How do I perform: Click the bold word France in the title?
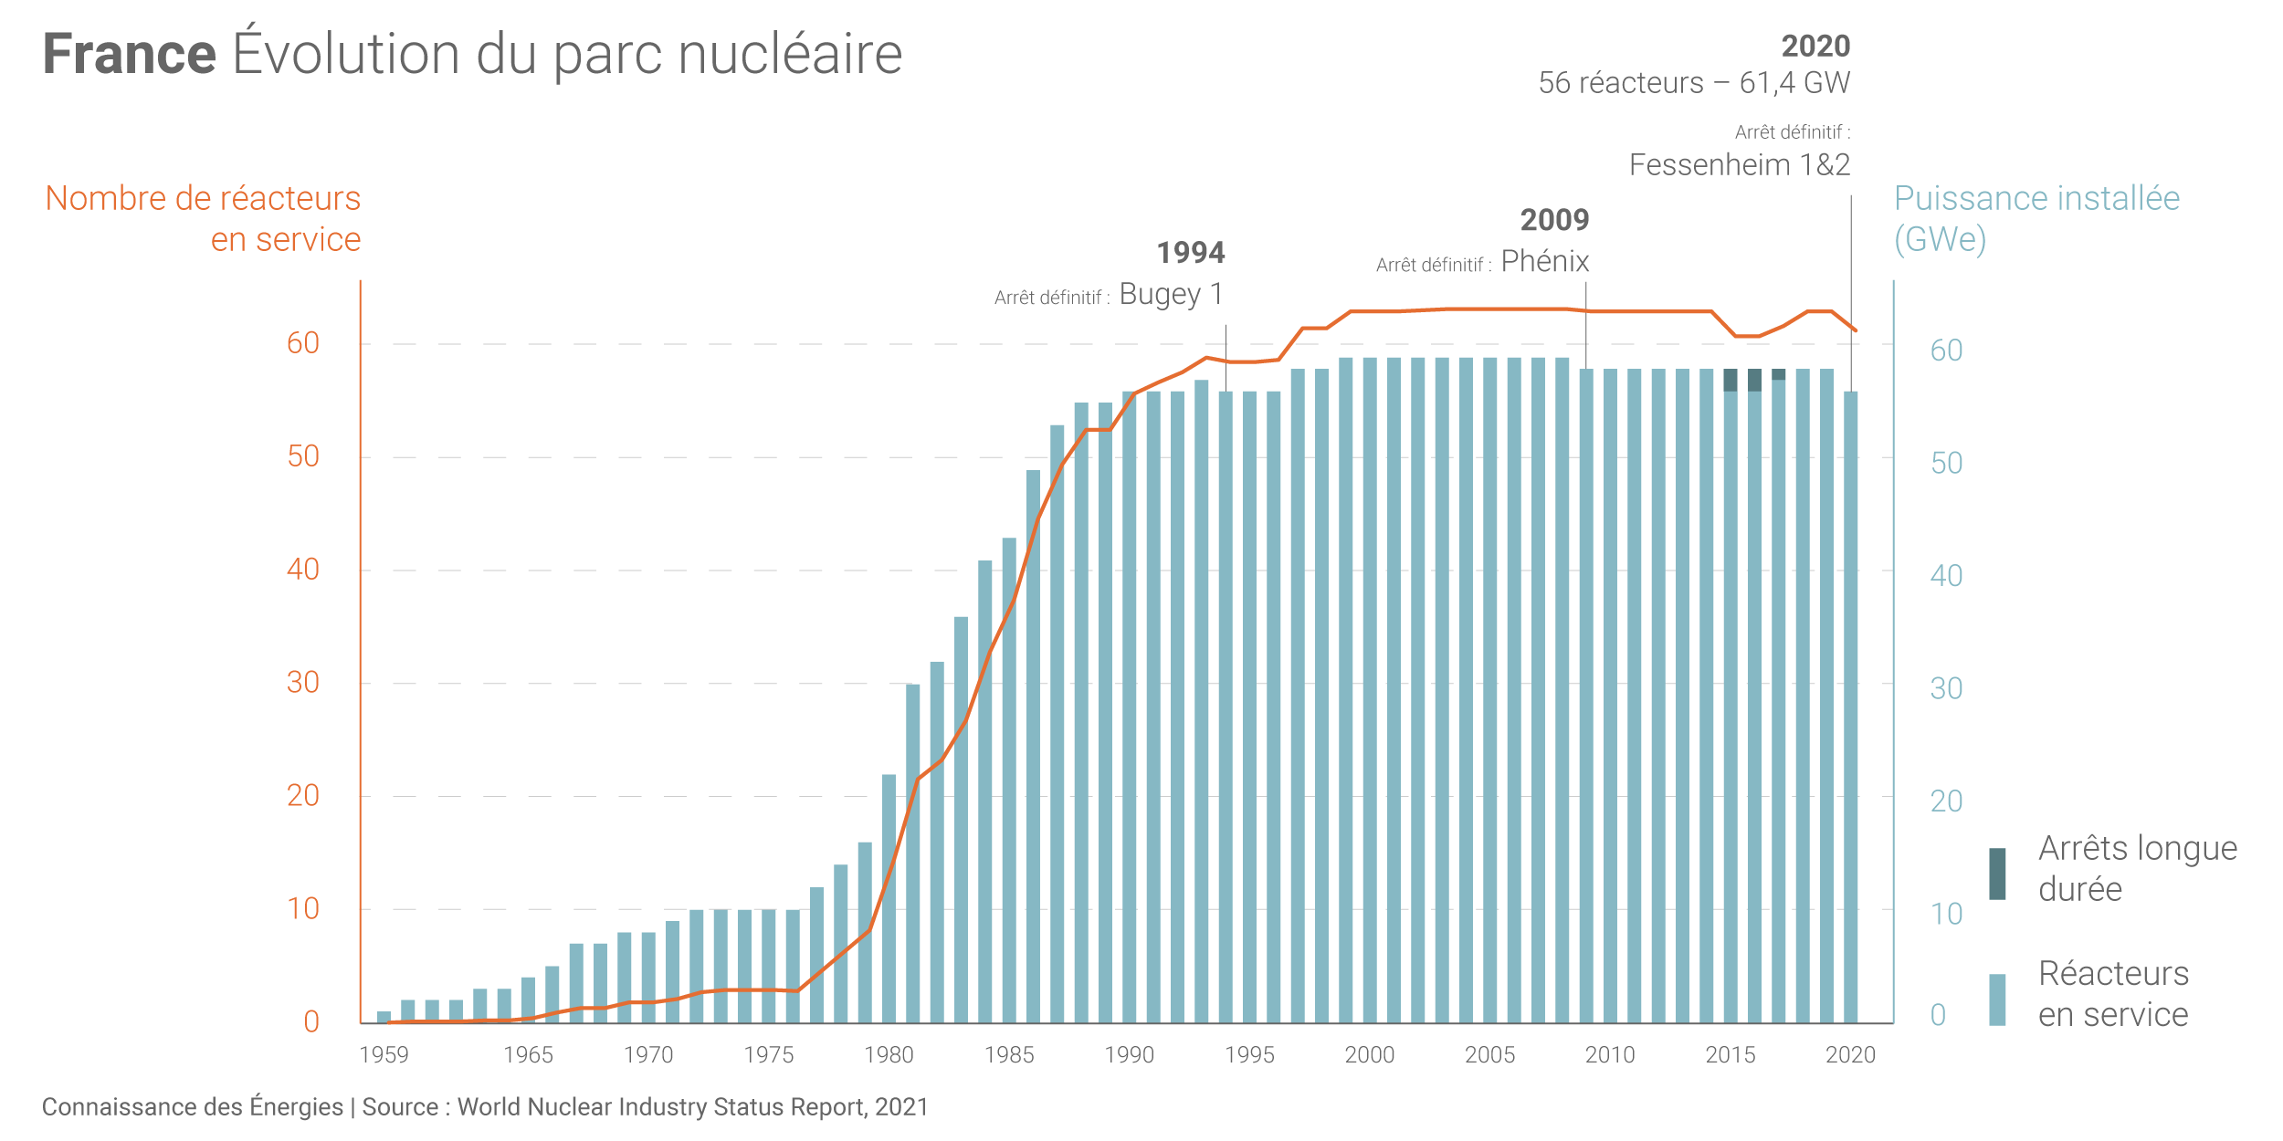(130, 54)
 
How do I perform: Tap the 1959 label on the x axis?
(384, 1055)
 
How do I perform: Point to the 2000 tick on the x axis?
(1370, 1055)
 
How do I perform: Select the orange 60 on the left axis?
(303, 343)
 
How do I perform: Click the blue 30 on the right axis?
(1946, 688)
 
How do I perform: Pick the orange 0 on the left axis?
(311, 1021)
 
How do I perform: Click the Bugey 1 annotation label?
(1171, 294)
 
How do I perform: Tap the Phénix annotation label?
(1545, 262)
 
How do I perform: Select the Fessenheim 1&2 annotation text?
(1740, 165)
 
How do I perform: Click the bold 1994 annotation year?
(1191, 253)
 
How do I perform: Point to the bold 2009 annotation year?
(1554, 220)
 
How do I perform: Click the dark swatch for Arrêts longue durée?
(1997, 874)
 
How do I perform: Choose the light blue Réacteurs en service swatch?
(1997, 1000)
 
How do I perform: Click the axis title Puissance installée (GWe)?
(2036, 218)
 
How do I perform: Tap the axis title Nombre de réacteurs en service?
(204, 218)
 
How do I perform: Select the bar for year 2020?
(1851, 707)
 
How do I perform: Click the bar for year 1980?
(889, 899)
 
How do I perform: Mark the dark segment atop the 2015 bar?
(1731, 380)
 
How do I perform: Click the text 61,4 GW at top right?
(1794, 83)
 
